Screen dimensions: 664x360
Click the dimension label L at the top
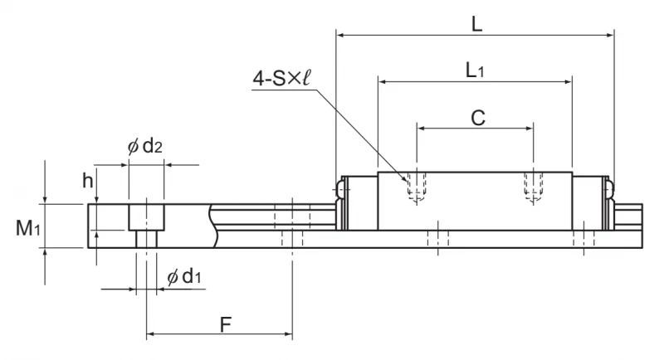pyautogui.click(x=476, y=25)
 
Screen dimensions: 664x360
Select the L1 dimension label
pyautogui.click(x=474, y=70)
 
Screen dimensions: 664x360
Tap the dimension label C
pyautogui.click(x=478, y=118)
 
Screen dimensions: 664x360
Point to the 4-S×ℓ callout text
pyautogui.click(x=281, y=78)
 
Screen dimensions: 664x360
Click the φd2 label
pyautogui.click(x=144, y=146)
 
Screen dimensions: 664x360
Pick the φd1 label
pyautogui.click(x=183, y=277)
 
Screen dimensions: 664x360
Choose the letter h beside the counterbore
pyautogui.click(x=87, y=181)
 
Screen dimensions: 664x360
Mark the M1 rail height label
pyautogui.click(x=28, y=228)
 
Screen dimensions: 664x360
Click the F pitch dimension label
pyautogui.click(x=226, y=324)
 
